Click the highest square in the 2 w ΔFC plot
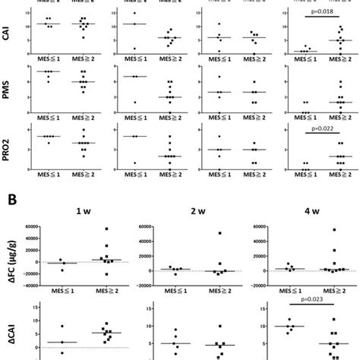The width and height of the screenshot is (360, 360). pyautogui.click(x=220, y=233)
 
